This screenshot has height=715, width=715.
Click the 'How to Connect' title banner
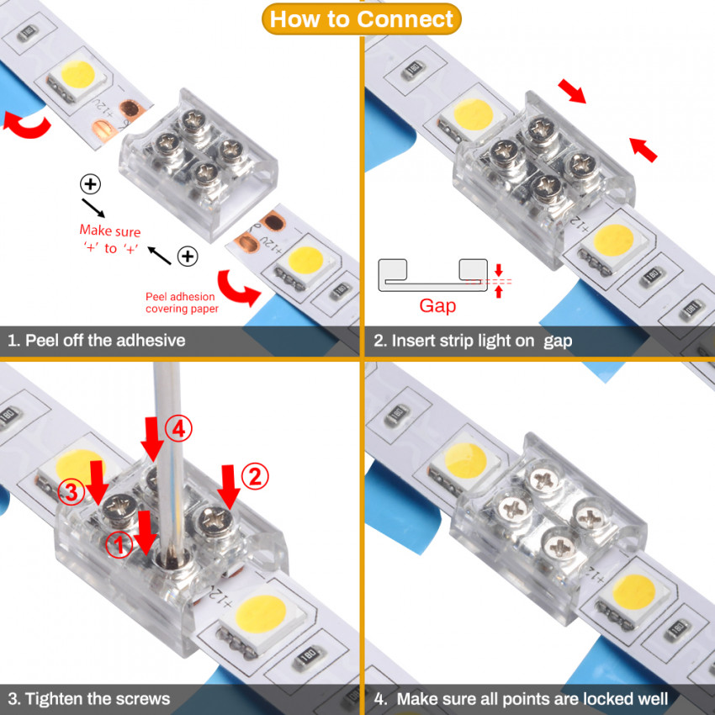pyautogui.click(x=362, y=19)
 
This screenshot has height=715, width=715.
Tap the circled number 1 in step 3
pyautogui.click(x=119, y=545)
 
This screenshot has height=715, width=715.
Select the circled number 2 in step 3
pyautogui.click(x=255, y=477)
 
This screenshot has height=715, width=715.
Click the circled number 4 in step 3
pyautogui.click(x=177, y=428)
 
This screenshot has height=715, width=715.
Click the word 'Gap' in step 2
pyautogui.click(x=437, y=305)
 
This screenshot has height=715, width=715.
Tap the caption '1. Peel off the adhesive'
pyautogui.click(x=97, y=341)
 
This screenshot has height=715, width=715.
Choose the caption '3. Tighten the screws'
pyautogui.click(x=89, y=698)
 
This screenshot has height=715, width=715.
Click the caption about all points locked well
pyautogui.click(x=522, y=698)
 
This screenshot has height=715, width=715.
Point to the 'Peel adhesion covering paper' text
pyautogui.click(x=180, y=303)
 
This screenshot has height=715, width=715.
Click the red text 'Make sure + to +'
pyautogui.click(x=110, y=240)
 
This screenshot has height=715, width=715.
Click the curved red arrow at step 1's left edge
pyautogui.click(x=26, y=125)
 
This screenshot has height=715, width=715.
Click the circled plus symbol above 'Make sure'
pyautogui.click(x=89, y=183)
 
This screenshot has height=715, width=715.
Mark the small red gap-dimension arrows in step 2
pyautogui.click(x=499, y=281)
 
